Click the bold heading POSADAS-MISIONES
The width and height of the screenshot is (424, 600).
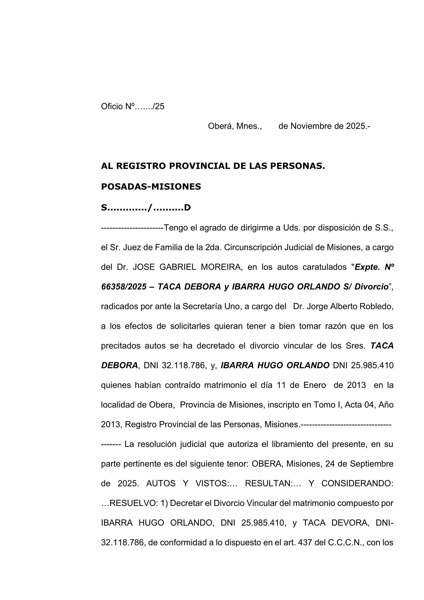151,187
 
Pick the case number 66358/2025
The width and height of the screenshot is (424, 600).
124,287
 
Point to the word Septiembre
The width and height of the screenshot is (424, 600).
372,464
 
